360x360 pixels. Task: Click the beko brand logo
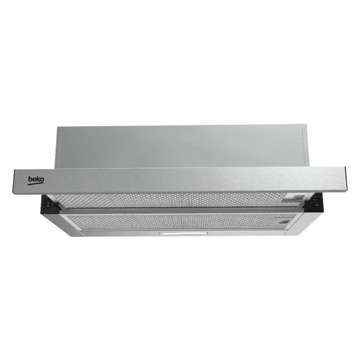click(36, 180)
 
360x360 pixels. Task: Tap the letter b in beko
click(30, 179)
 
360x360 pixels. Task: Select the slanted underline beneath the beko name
click(36, 184)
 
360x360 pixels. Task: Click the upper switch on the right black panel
click(316, 200)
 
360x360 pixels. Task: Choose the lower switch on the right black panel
click(315, 205)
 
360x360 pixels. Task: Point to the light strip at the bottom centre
click(184, 234)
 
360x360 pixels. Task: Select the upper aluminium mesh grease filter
click(177, 200)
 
